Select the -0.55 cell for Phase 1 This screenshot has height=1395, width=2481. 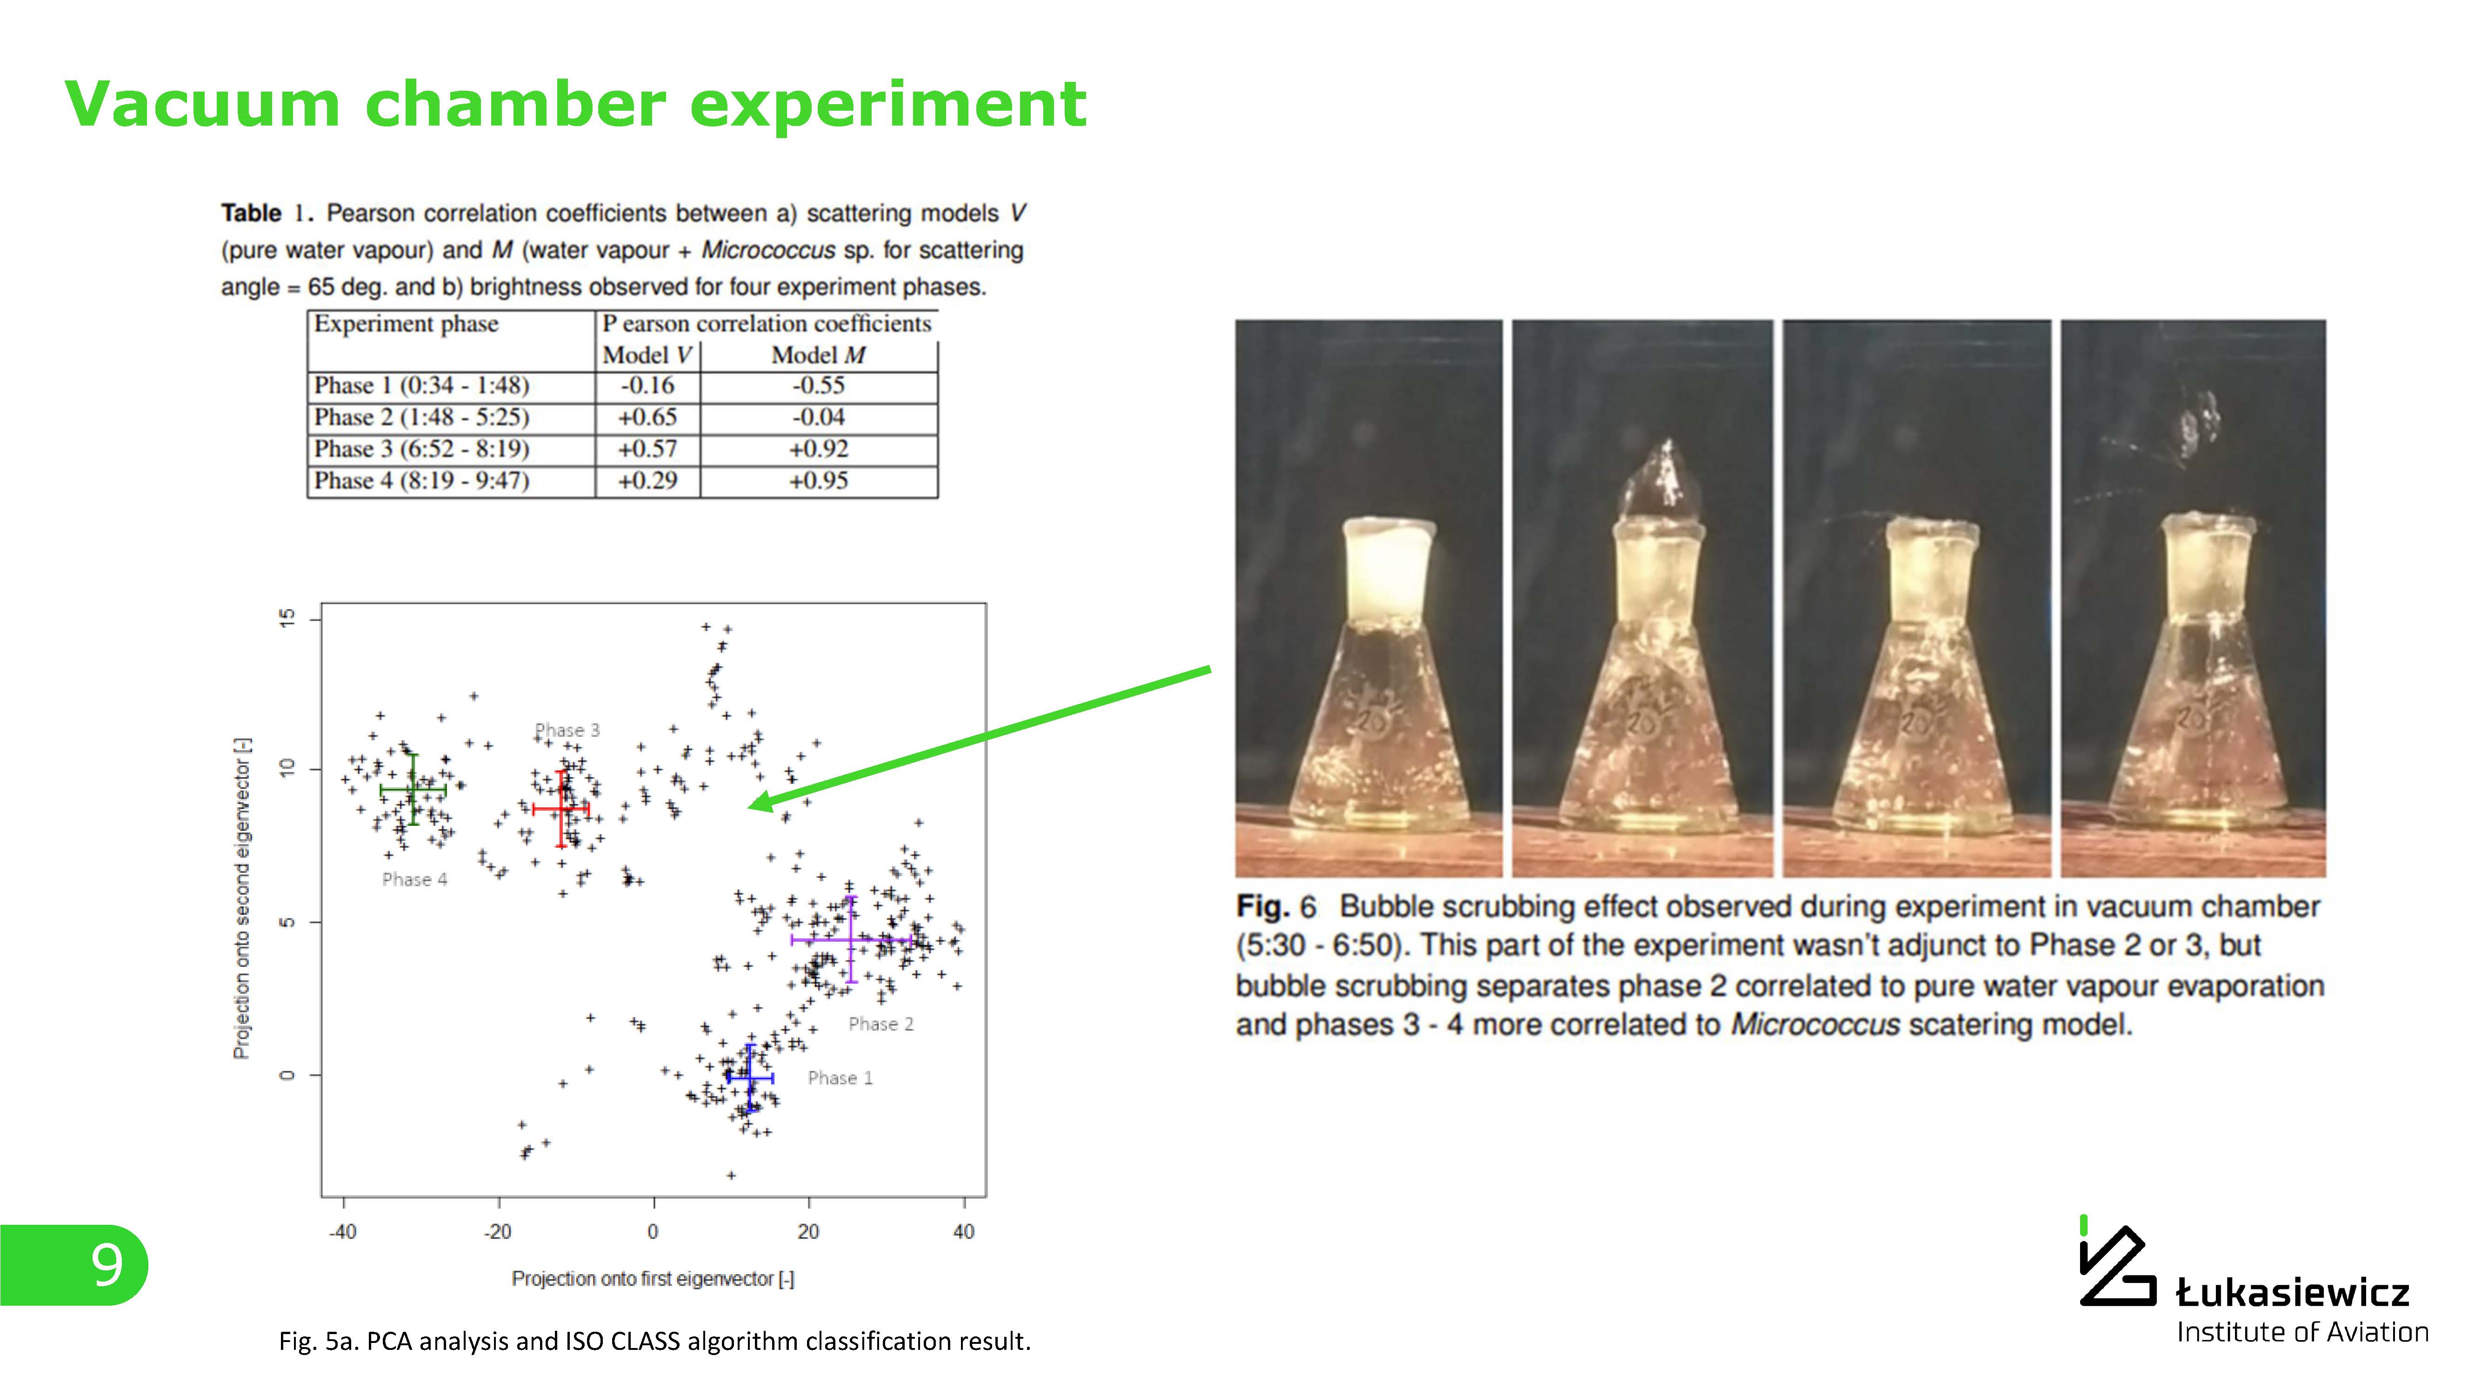(x=819, y=386)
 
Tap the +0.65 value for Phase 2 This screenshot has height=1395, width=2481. (x=647, y=418)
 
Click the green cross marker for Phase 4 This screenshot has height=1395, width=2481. (x=413, y=790)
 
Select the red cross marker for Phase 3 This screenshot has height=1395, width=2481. (x=560, y=809)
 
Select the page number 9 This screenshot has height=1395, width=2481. (x=107, y=1265)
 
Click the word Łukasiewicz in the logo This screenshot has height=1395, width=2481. (x=2292, y=1292)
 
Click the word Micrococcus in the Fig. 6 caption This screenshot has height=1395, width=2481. (x=1815, y=1024)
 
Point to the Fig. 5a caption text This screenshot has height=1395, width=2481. (x=655, y=1341)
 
